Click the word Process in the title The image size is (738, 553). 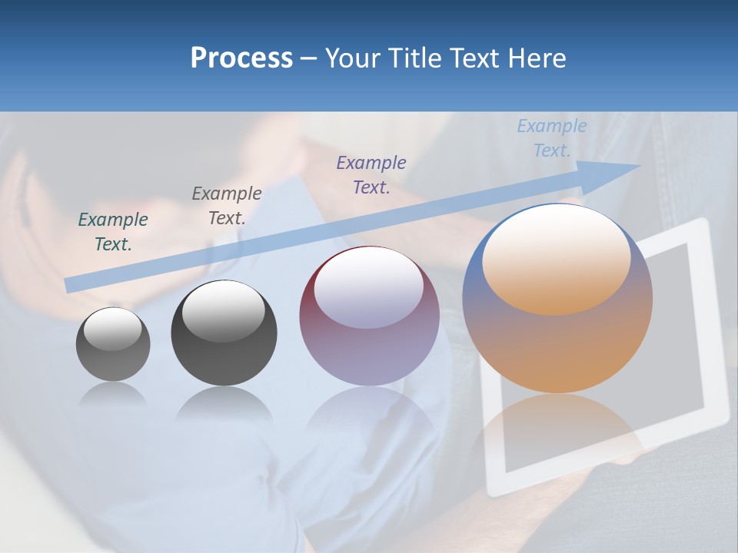[241, 58]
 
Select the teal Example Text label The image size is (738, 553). [113, 231]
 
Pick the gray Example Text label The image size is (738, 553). [226, 205]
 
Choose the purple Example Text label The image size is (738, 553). [371, 174]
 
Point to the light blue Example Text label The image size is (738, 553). [551, 138]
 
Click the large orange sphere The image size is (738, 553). [557, 346]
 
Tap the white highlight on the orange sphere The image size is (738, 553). [556, 257]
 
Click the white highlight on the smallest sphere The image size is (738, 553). [113, 329]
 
